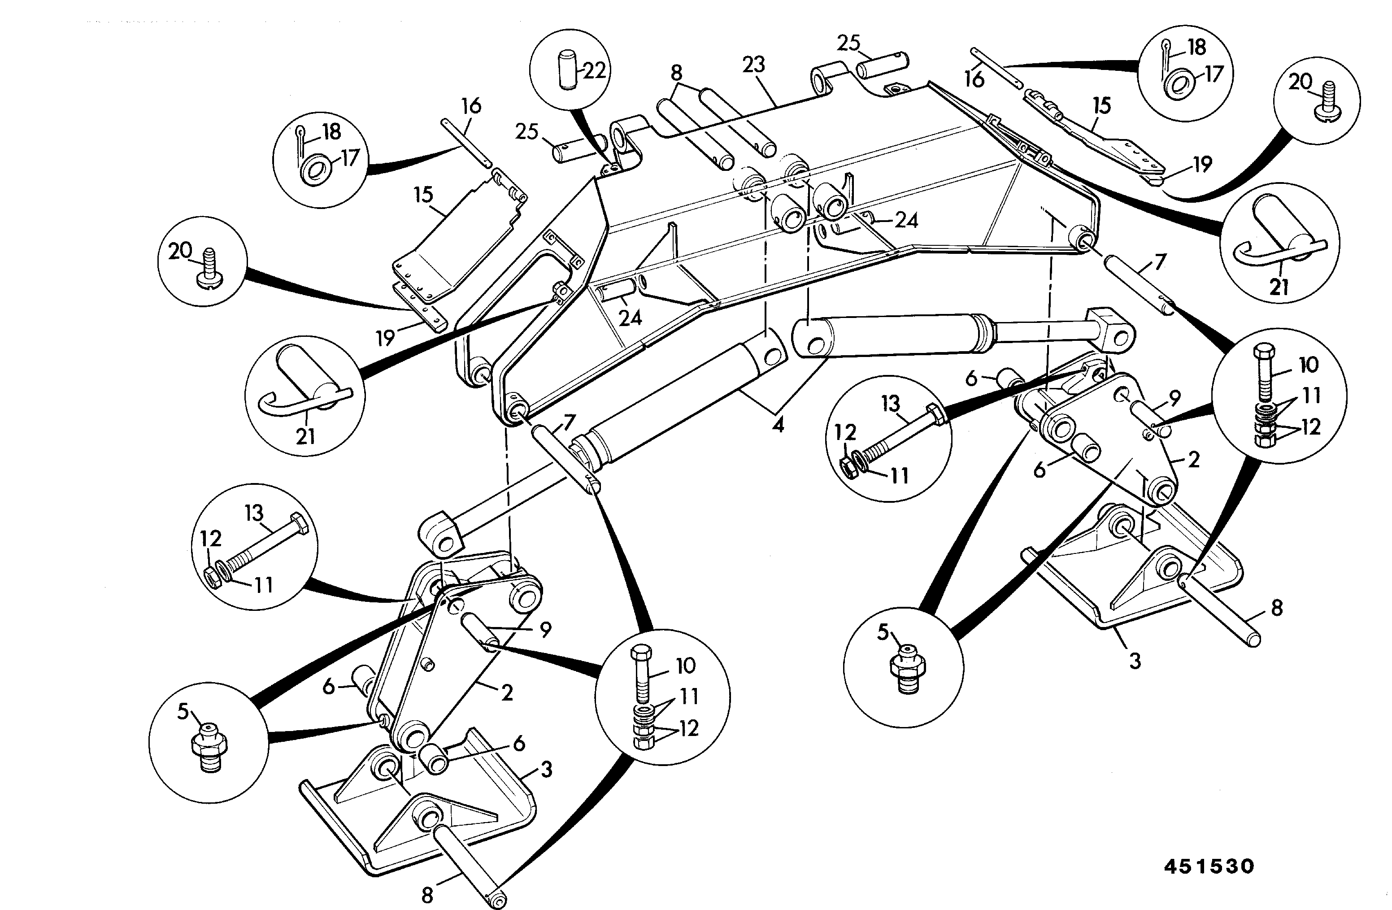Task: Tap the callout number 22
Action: [x=594, y=71]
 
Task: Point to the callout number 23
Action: [x=753, y=64]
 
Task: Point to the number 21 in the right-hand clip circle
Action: [x=1279, y=287]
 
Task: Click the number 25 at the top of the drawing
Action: [x=848, y=43]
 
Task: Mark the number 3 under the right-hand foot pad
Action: [x=1134, y=662]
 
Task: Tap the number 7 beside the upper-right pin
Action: [x=1161, y=261]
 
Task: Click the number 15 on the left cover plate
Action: [x=423, y=195]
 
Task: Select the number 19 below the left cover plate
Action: [x=385, y=338]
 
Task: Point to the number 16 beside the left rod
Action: [x=471, y=106]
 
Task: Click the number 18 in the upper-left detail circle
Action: [x=331, y=131]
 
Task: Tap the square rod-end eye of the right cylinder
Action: [x=1111, y=335]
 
